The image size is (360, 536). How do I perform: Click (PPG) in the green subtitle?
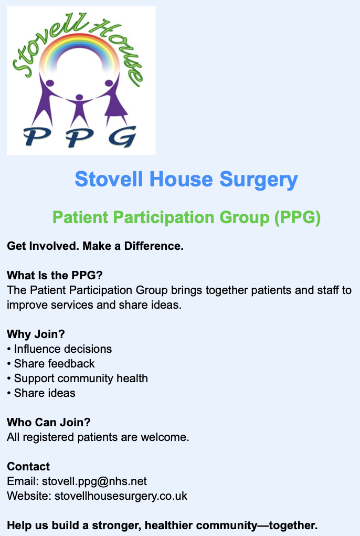click(297, 217)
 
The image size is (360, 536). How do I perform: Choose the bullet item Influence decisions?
click(62, 349)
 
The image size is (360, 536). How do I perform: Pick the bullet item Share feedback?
click(54, 363)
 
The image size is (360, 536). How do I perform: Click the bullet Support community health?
click(81, 378)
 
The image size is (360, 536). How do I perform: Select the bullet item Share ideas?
click(45, 393)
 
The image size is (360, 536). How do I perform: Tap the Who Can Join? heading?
click(49, 422)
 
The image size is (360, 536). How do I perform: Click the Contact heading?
click(28, 466)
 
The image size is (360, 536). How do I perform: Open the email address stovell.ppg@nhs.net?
click(94, 481)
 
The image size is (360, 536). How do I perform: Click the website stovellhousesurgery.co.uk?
click(121, 496)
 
